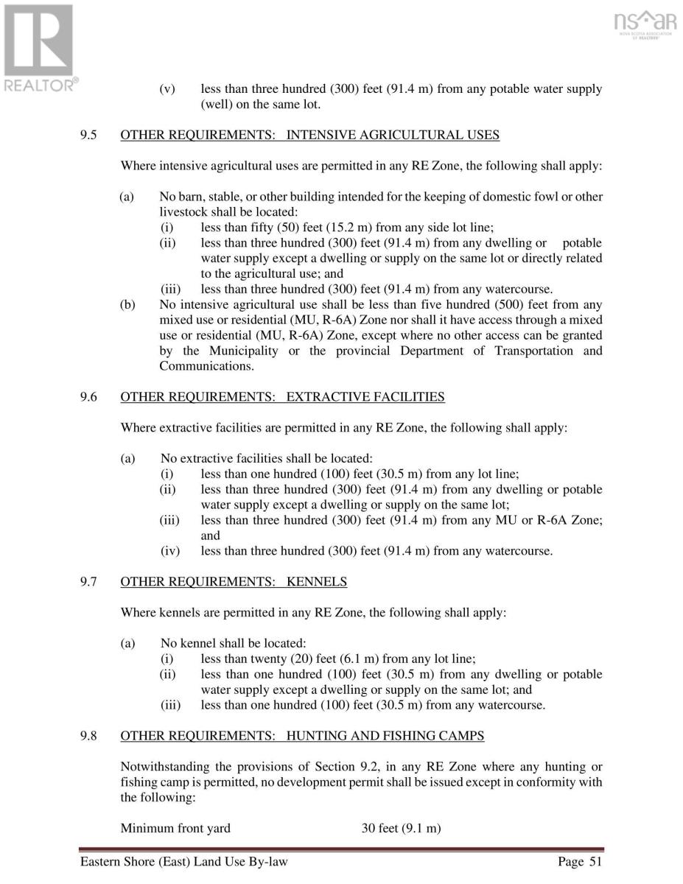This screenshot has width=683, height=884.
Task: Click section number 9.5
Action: [89, 135]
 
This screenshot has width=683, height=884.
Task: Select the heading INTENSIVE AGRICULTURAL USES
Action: [393, 135]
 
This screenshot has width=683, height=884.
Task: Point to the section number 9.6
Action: [89, 397]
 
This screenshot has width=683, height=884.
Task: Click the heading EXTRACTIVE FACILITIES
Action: [365, 397]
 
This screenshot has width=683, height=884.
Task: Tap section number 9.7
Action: [89, 582]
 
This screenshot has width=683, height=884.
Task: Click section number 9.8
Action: [89, 735]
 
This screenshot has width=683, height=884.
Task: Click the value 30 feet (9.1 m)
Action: [401, 828]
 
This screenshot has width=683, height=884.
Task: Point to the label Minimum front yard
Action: [175, 828]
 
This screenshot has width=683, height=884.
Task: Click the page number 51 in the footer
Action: [594, 862]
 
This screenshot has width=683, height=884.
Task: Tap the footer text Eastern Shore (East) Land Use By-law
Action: [184, 862]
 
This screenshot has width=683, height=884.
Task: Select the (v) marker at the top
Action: [167, 89]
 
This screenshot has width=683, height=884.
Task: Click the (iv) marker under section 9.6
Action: [168, 551]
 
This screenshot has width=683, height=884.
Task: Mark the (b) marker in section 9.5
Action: [127, 304]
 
